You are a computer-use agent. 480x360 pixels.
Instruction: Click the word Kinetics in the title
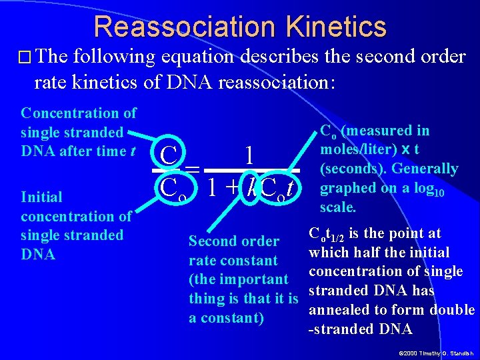point(339,27)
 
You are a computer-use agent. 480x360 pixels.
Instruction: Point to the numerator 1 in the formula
point(249,156)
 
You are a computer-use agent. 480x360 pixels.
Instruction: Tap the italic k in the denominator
point(250,187)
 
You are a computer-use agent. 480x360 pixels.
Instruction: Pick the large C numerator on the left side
point(169,156)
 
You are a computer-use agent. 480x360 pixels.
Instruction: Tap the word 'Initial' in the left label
point(41,197)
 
